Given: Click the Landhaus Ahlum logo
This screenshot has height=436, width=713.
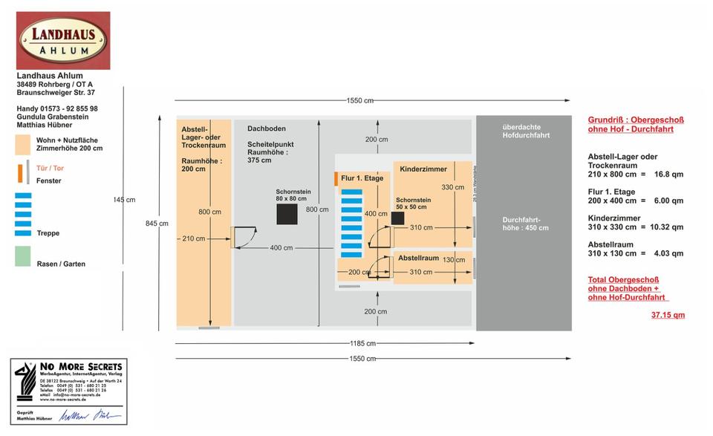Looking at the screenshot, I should pos(63,40).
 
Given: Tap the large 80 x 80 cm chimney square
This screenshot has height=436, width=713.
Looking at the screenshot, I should pos(287,214).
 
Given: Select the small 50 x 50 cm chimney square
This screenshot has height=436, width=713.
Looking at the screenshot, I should pos(397,218).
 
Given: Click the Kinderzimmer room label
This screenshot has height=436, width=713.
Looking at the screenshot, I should pos(423,169).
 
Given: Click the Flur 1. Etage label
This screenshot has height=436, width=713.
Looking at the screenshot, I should pos(362,178).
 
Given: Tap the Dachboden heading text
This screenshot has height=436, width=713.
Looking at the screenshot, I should pos(266,128).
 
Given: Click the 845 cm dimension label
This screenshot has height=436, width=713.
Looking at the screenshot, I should pos(157,223).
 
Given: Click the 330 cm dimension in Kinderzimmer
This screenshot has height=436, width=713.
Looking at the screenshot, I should pos(452,187).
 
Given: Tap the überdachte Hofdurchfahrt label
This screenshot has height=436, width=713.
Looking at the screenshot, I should pos(526,131).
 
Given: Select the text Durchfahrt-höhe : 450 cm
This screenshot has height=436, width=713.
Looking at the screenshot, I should pos(525,224).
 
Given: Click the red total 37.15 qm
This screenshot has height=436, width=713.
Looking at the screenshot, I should pos(668,315).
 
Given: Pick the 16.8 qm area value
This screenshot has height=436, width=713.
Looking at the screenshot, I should pos(668,175).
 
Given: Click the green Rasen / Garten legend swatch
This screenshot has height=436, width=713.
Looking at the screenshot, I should pos(23,256).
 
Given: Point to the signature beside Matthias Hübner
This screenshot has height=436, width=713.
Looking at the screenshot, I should pos(90,416).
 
